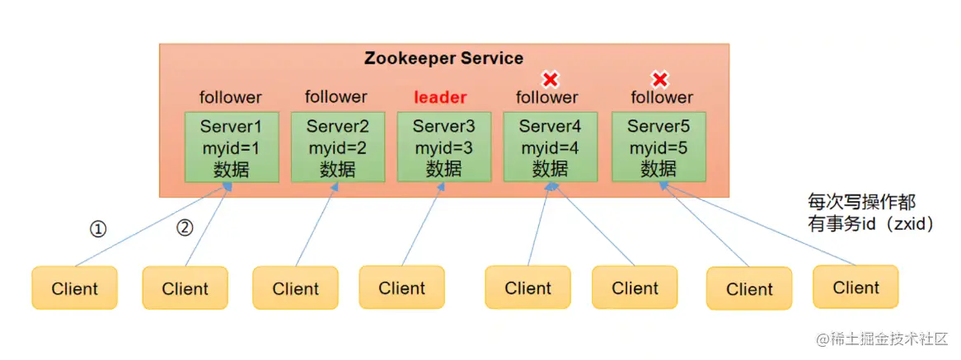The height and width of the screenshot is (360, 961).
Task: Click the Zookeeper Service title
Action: [443, 58]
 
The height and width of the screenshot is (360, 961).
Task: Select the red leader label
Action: [439, 97]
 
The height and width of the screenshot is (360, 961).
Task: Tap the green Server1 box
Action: [230, 147]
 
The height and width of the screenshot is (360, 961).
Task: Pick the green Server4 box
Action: [549, 147]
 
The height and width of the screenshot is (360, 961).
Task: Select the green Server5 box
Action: [658, 147]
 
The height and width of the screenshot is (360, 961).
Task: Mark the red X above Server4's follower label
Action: [549, 79]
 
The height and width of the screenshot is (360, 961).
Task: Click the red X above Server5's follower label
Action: [660, 79]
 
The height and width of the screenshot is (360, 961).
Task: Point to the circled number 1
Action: [98, 229]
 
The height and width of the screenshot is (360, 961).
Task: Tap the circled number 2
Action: [185, 228]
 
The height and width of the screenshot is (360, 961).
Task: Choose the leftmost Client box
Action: [74, 288]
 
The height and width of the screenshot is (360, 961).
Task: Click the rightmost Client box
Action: [856, 287]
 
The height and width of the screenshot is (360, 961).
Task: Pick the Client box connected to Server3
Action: [401, 288]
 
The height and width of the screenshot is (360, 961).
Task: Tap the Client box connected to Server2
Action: [295, 288]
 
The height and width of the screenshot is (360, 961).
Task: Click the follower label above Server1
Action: [230, 97]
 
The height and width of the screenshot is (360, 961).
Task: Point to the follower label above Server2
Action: [335, 97]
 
